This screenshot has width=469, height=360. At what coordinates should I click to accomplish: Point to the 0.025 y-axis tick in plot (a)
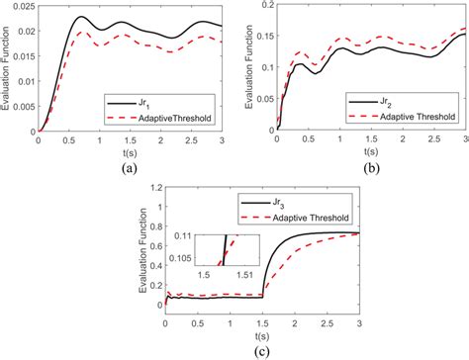click(19, 8)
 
